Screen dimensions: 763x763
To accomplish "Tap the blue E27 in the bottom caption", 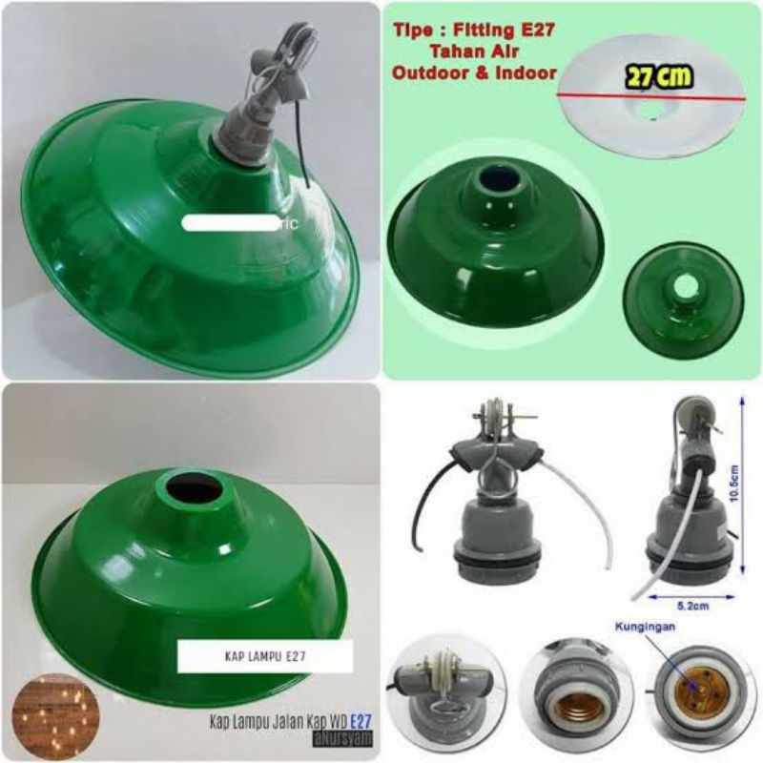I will (x=361, y=722).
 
